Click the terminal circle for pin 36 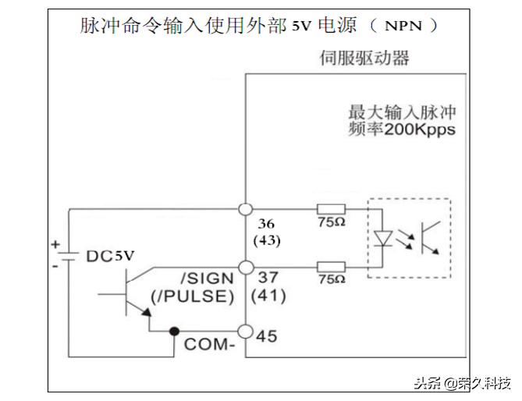(245, 210)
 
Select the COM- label (210, 343)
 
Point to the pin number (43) (268, 240)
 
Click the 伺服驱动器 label (364, 58)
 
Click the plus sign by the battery (55, 243)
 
